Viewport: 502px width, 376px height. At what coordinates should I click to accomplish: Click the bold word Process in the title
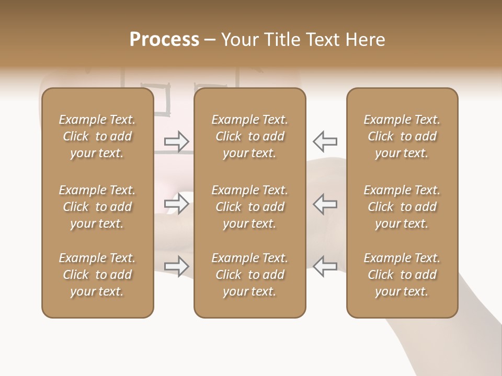(164, 40)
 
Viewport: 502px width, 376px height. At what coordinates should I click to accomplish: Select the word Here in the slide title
(365, 40)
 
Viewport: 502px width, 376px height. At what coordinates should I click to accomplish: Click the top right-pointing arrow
(177, 141)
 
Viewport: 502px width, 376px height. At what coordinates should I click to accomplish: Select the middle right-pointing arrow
(177, 204)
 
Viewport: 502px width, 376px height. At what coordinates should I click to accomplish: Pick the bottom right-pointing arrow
(177, 266)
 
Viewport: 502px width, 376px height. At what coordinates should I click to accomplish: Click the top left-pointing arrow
(325, 141)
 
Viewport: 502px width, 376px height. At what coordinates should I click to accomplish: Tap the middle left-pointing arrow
(325, 204)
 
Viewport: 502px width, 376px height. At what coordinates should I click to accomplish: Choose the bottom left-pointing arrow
(325, 266)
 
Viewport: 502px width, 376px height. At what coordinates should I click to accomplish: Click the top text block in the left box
(97, 136)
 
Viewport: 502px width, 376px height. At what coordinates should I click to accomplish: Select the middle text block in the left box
(97, 207)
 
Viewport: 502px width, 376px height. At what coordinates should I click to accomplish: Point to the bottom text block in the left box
(97, 275)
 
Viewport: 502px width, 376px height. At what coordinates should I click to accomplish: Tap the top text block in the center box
(250, 136)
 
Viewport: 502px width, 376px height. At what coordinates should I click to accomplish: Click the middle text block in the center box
(250, 207)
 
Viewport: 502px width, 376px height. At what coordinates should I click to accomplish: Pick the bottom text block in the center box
(250, 275)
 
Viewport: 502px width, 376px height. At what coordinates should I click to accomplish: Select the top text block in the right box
(402, 136)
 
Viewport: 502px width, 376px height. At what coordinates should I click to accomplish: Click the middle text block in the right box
(402, 207)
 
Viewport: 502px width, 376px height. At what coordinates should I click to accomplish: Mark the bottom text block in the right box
(402, 275)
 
